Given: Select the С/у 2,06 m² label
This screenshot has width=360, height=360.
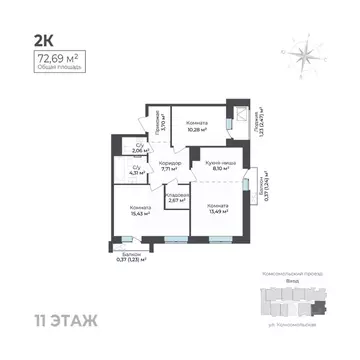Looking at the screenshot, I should tap(140, 151).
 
